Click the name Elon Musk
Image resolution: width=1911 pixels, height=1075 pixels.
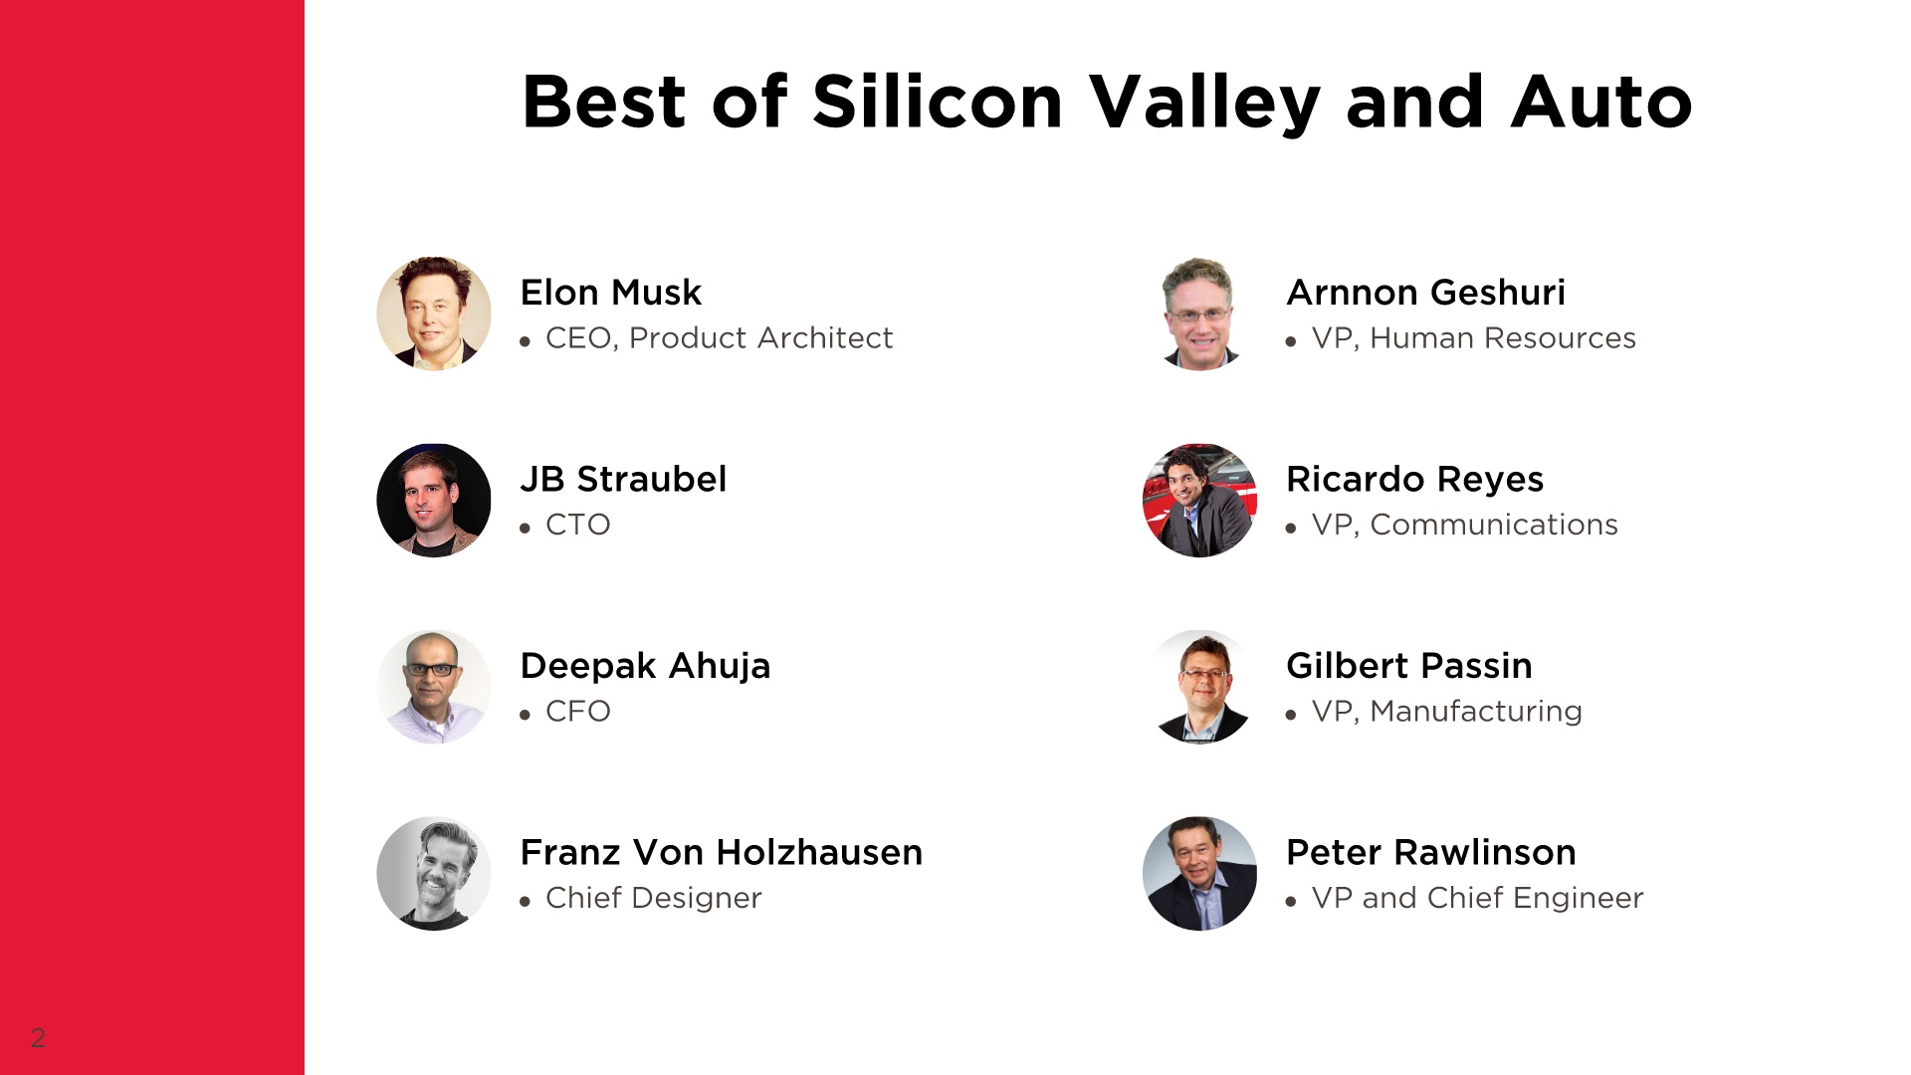point(610,293)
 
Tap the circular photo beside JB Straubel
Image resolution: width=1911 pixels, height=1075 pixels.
point(434,501)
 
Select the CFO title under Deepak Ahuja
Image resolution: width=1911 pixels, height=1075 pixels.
point(578,712)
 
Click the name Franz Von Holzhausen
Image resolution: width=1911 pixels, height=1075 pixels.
point(722,853)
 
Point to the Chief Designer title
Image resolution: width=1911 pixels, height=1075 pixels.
point(654,898)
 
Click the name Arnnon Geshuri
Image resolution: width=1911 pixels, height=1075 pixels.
point(1425,293)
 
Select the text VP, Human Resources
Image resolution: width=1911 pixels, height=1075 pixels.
point(1474,338)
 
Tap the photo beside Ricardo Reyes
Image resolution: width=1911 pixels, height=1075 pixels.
point(1199,501)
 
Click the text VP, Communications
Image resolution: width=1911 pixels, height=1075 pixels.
point(1465,525)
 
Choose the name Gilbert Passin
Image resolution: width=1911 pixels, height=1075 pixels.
point(1409,666)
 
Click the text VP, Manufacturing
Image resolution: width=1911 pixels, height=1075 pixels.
point(1447,712)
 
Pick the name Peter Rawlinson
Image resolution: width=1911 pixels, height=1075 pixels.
point(1431,853)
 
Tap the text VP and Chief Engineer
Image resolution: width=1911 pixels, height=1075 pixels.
point(1478,898)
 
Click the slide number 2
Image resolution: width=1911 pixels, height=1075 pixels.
point(38,1038)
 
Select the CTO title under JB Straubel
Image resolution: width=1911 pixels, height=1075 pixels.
point(578,525)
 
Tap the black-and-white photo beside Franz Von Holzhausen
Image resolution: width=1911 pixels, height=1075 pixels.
point(434,874)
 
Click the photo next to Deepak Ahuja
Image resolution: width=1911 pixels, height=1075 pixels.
point(434,687)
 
